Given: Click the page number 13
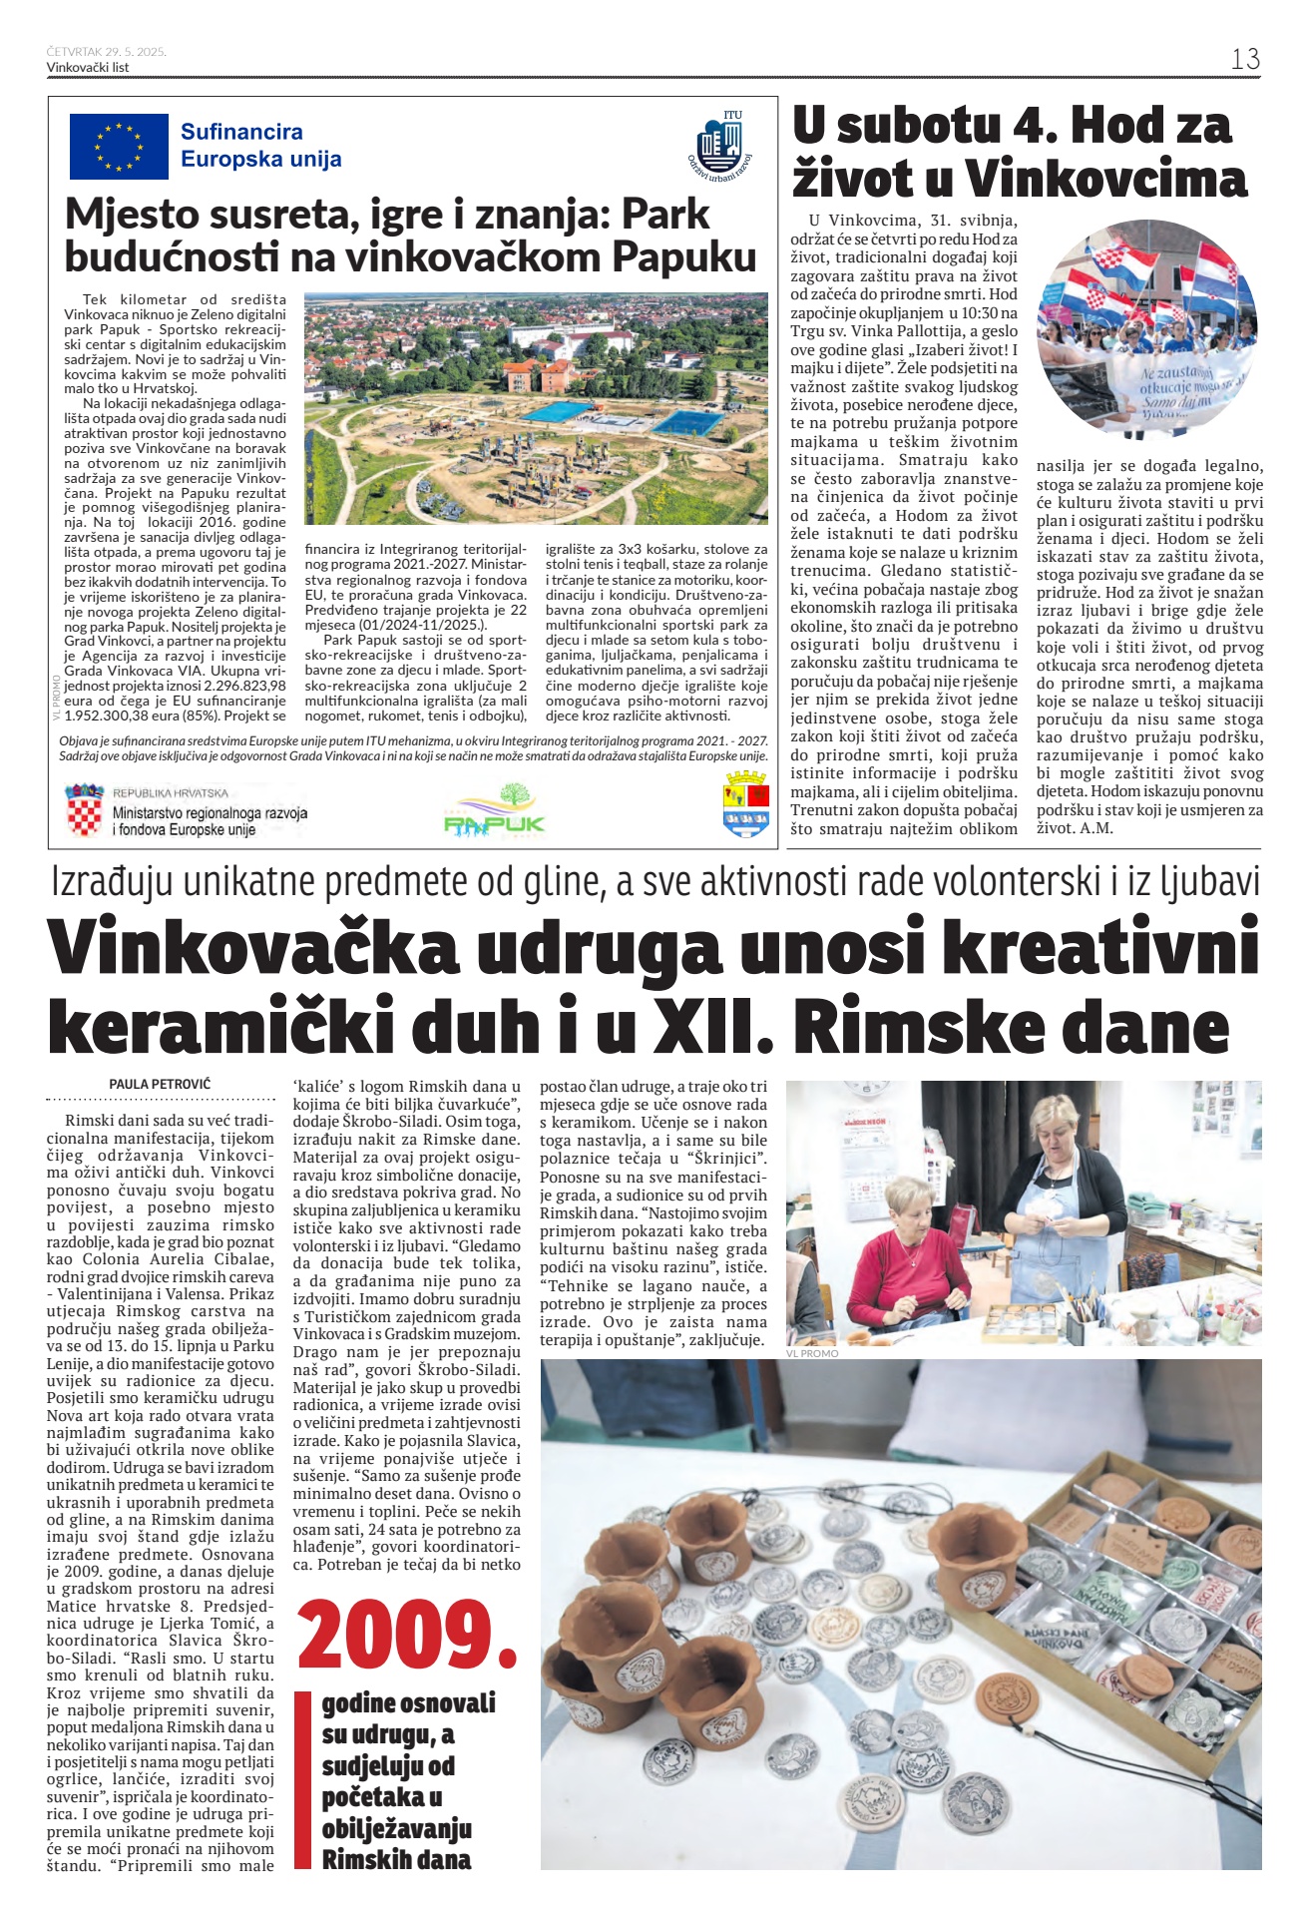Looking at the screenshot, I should point(1244,60).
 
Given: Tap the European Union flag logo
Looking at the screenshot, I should point(119,146).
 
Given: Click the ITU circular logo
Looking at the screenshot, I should point(719,146).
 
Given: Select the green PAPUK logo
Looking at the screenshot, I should point(495,811).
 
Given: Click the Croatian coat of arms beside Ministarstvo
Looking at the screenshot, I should point(84,810).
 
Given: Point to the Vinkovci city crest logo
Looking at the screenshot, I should point(745,803).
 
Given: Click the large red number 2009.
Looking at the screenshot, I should point(408,1637).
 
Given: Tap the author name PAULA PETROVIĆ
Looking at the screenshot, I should point(160,1084).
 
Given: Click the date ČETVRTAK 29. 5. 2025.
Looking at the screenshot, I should point(106,51).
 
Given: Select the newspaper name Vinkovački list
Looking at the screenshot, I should point(88,67).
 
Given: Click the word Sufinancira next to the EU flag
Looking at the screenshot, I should point(241,132).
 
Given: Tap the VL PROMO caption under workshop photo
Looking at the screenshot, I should point(812,1353).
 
